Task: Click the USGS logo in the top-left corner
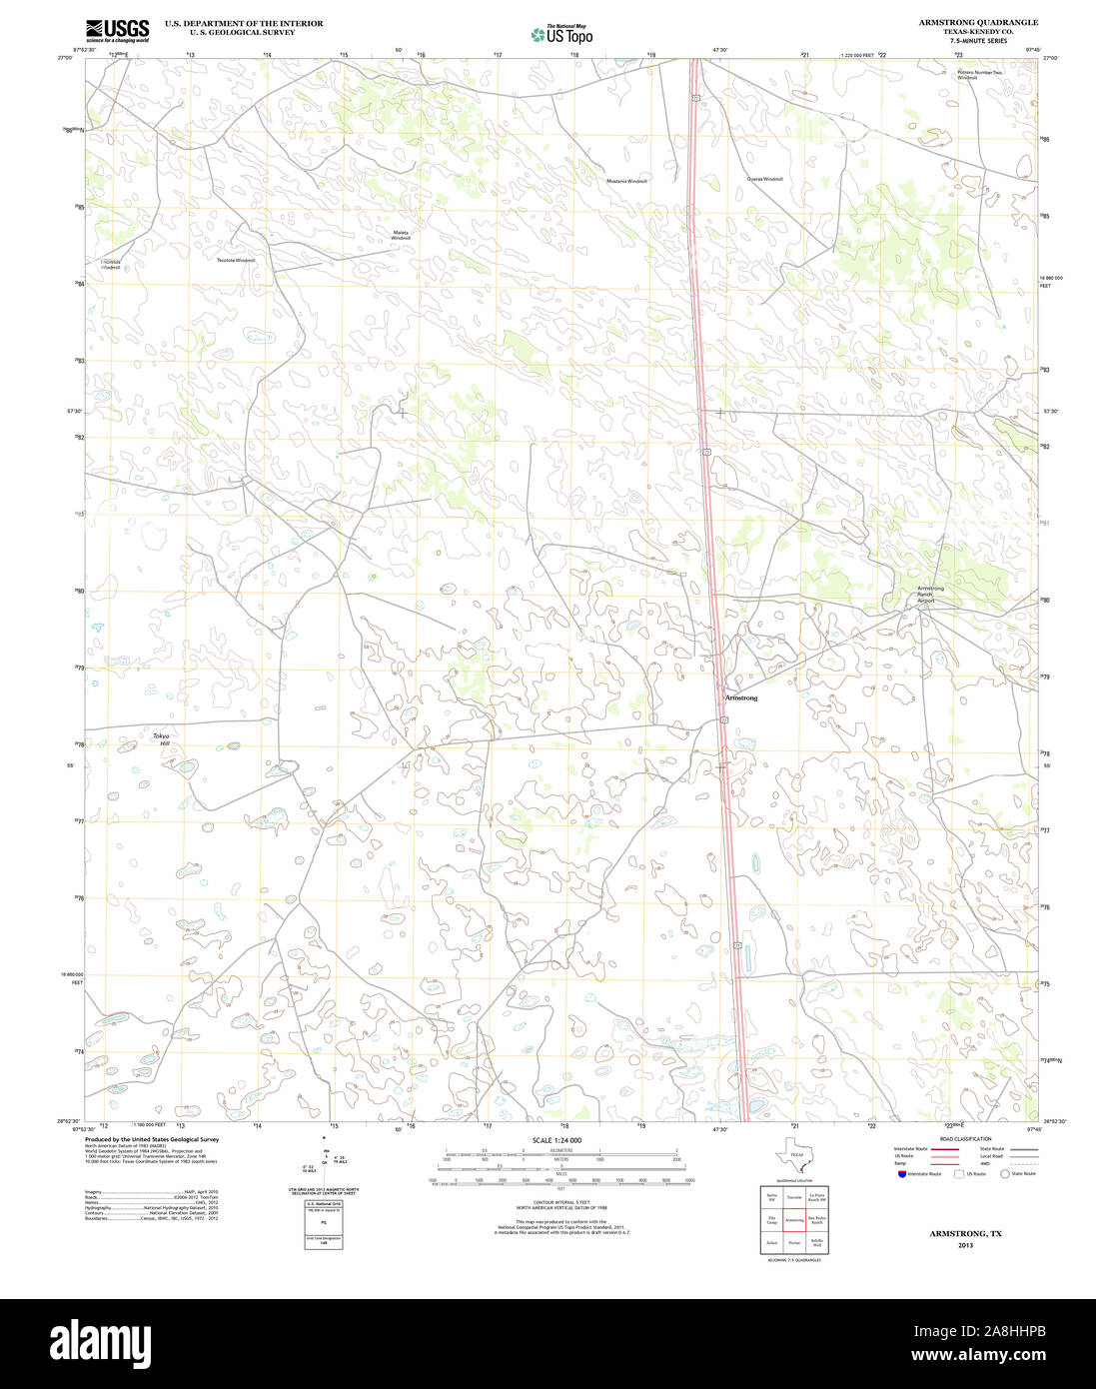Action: (117, 30)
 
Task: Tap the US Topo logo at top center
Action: (561, 34)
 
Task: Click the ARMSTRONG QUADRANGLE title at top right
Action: (978, 22)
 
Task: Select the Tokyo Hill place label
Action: (161, 739)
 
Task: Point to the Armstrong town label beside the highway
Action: (740, 697)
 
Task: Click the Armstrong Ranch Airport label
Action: (930, 594)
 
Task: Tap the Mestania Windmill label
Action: (626, 181)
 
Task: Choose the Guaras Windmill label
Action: (764, 179)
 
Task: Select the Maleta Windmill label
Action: (401, 235)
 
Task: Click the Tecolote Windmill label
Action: (236, 260)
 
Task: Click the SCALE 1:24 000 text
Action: (556, 1140)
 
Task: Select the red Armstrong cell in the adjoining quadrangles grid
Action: (794, 1220)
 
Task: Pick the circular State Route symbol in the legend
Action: (1004, 1174)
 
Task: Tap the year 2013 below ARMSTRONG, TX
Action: (965, 1245)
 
